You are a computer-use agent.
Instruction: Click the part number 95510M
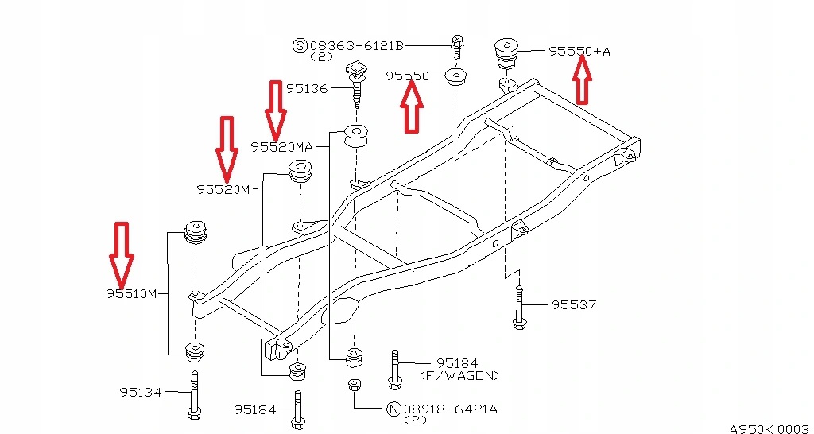tap(132, 293)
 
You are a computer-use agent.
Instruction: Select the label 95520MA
tap(281, 146)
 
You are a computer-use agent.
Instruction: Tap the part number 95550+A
tap(579, 51)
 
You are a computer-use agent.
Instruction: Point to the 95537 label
tap(574, 304)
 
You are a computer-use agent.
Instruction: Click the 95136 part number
tap(307, 88)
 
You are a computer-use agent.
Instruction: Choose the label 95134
tap(141, 391)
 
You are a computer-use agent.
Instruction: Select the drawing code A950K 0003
tap(768, 428)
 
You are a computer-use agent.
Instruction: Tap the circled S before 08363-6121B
tap(300, 46)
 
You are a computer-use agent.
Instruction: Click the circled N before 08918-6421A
tap(393, 409)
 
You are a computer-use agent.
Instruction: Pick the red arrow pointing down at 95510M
tap(122, 254)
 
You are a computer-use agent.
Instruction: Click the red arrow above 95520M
tap(227, 148)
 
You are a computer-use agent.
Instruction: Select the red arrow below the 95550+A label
tap(582, 81)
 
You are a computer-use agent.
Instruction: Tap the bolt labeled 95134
tap(193, 395)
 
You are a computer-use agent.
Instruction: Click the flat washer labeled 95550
tap(455, 77)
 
